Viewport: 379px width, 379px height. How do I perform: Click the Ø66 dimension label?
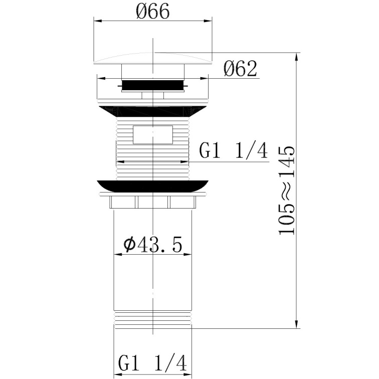tap(152, 12)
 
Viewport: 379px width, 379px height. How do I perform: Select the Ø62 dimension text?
tap(240, 69)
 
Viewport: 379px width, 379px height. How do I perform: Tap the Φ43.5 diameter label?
tap(152, 245)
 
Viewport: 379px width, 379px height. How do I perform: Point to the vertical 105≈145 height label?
tap(287, 190)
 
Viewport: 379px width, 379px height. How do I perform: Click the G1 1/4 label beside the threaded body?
tap(233, 150)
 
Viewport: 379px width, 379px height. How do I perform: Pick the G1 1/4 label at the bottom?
tap(152, 363)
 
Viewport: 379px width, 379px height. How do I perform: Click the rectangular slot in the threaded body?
tap(153, 135)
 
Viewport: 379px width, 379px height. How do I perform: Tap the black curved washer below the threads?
tap(152, 186)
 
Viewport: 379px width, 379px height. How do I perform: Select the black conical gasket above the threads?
tap(152, 111)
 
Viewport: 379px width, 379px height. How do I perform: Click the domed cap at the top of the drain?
tap(153, 59)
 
